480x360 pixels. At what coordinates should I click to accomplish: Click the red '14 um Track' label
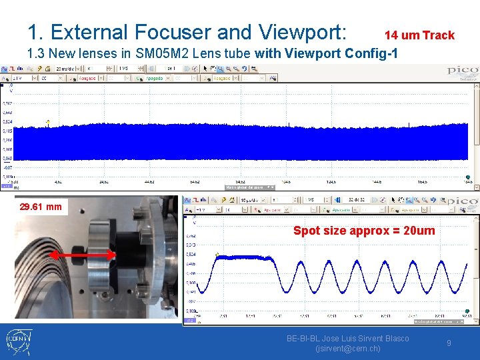tap(419, 35)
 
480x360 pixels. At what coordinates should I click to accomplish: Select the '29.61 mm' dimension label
tap(41, 207)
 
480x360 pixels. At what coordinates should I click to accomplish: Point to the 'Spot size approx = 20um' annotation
tap(364, 231)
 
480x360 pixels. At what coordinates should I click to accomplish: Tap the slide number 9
tap(449, 343)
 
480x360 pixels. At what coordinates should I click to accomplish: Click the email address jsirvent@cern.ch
tap(347, 348)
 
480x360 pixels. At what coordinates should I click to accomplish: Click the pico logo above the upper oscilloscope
tap(462, 71)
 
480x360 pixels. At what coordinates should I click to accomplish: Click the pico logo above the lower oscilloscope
tap(463, 201)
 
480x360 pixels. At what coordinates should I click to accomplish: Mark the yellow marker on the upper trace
tap(48, 123)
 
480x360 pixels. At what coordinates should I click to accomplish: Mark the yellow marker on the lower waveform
tap(217, 255)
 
